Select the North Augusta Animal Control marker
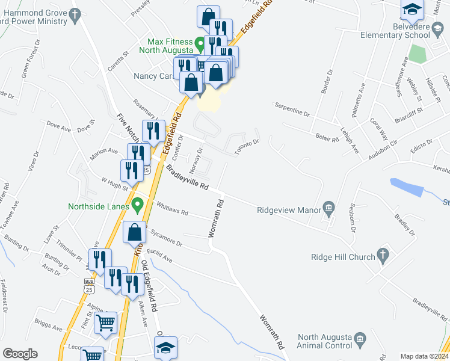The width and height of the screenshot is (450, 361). [x=360, y=340]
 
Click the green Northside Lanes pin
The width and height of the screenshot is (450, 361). [x=138, y=206]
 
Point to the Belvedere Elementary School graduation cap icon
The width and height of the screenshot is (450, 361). [x=412, y=10]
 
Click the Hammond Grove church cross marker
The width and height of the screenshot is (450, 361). [x=75, y=16]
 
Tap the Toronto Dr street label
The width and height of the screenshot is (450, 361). [x=247, y=146]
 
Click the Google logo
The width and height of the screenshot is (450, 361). [x=20, y=354]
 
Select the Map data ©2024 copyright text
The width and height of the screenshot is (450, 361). [x=424, y=356]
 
